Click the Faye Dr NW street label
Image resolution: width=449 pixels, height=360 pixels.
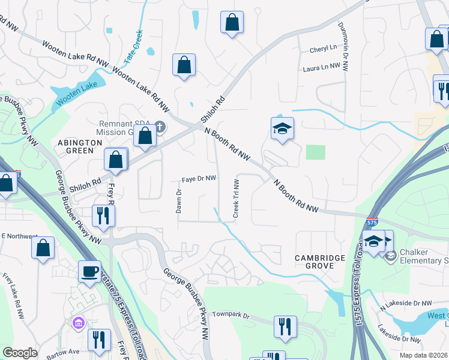199,179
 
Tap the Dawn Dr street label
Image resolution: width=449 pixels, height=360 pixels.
178,202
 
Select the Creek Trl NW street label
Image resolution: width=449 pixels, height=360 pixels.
236,198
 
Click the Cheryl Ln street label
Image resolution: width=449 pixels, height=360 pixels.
324,49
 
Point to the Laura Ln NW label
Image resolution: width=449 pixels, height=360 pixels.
322,68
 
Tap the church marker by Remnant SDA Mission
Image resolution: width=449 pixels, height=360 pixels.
159,127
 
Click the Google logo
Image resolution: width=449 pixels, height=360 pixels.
20,353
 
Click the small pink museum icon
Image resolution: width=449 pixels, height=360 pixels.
78,325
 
